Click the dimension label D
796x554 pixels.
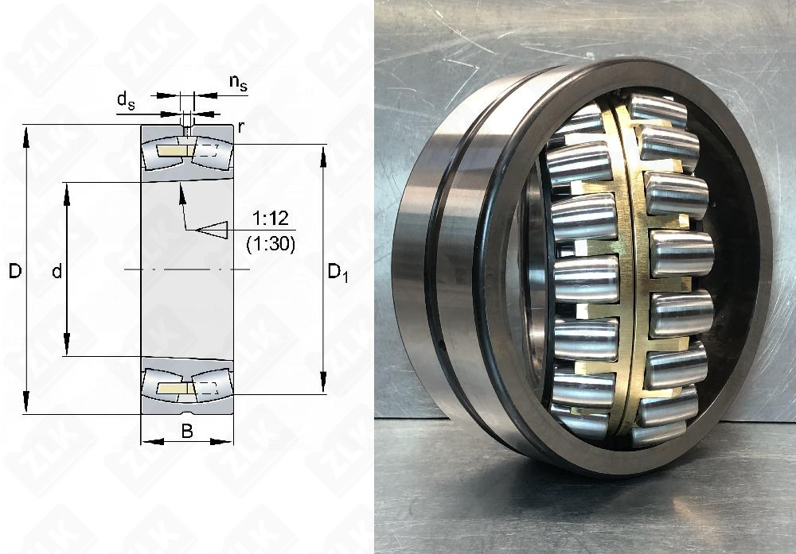pyautogui.click(x=14, y=272)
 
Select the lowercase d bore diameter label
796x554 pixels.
pyautogui.click(x=57, y=272)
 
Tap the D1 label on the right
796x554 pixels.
pyautogui.click(x=338, y=272)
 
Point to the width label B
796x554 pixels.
pyautogui.click(x=186, y=432)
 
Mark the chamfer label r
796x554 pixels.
pyautogui.click(x=240, y=127)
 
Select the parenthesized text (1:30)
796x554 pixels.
pyautogui.click(x=271, y=245)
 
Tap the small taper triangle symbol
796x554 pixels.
pyautogui.click(x=213, y=230)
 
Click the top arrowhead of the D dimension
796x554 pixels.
pyautogui.click(x=26, y=135)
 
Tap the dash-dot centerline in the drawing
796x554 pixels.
pyautogui.click(x=186, y=271)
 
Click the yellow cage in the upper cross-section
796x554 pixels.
pyautogui.click(x=170, y=151)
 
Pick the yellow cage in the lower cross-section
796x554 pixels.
pyautogui.click(x=170, y=388)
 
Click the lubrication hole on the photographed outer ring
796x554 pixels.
pyautogui.click(x=443, y=346)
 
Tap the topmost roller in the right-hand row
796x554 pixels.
pyautogui.click(x=657, y=110)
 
